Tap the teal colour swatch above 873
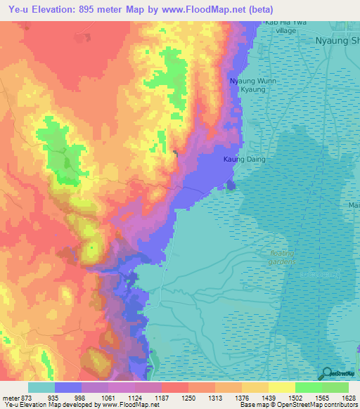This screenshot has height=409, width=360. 41,387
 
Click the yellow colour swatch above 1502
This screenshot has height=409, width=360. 281,387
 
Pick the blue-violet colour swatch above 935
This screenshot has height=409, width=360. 68,387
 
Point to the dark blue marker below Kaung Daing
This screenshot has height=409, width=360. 231,185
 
